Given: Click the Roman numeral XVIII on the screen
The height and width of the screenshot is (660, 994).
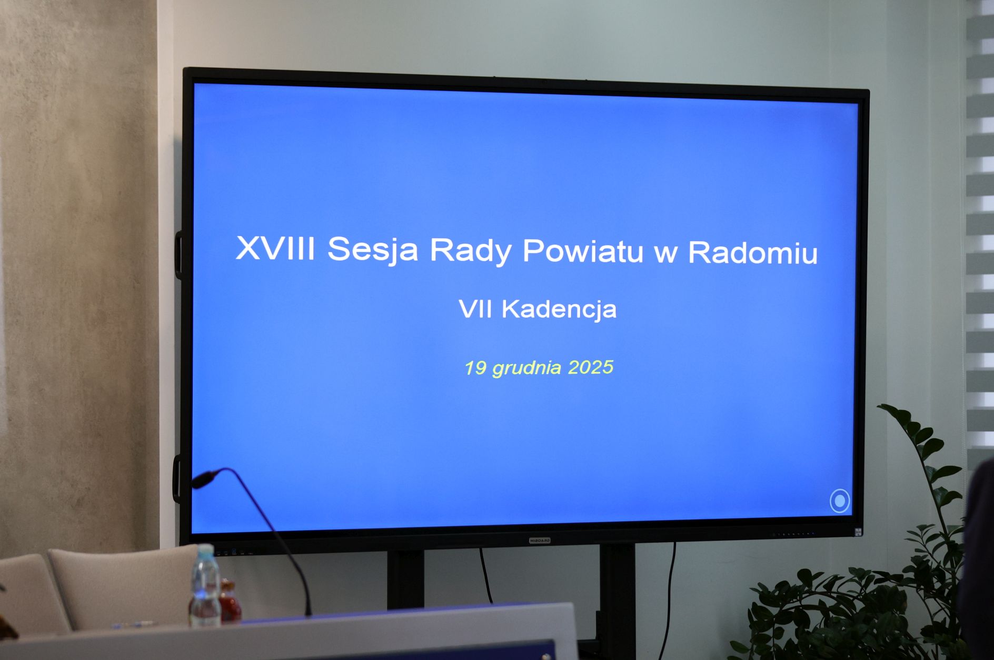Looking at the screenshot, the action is tap(275, 248).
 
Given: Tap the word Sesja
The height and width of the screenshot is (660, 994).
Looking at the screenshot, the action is tap(373, 249).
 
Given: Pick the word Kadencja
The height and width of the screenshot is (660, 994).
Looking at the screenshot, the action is tap(559, 309).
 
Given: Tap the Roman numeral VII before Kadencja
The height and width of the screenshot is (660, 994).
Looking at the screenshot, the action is tap(475, 308).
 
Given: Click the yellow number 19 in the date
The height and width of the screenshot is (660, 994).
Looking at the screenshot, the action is tap(475, 367).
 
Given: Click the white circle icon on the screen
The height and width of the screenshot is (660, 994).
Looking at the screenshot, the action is tap(840, 501).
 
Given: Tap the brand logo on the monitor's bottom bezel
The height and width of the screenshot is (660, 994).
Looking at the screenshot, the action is tap(539, 541).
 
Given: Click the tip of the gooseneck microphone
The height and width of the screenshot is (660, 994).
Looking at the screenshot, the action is tap(202, 480).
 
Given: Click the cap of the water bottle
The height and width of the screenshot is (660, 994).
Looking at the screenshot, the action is tap(206, 549).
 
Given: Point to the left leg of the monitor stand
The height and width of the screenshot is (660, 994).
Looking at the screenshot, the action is tap(405, 579).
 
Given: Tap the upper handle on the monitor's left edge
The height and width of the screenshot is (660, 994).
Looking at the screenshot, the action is tap(179, 255).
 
